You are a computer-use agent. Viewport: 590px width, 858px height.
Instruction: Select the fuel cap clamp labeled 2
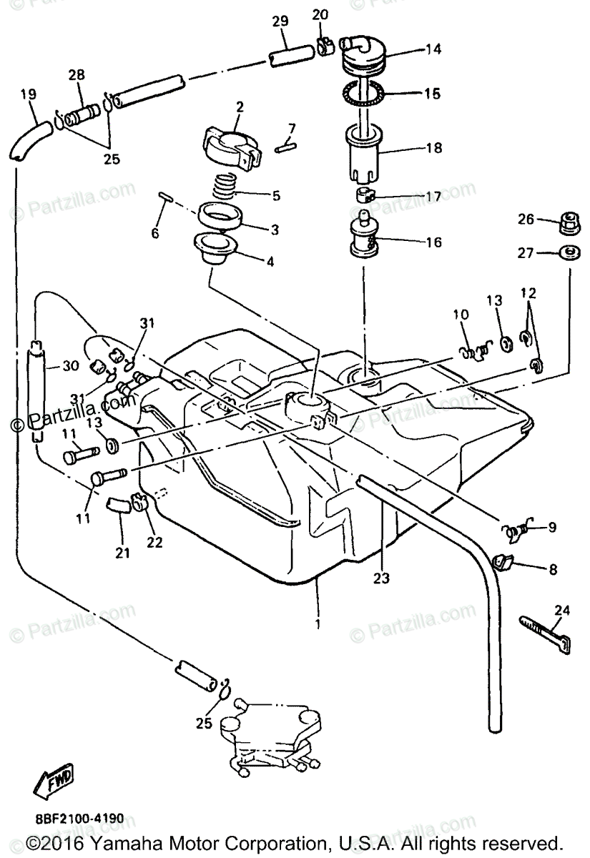pos(230,145)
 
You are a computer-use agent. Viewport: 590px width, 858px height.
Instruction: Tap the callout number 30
pos(69,366)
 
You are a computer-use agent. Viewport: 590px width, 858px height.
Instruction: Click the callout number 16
pos(433,242)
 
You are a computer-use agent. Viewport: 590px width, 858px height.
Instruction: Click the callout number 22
pos(155,543)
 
